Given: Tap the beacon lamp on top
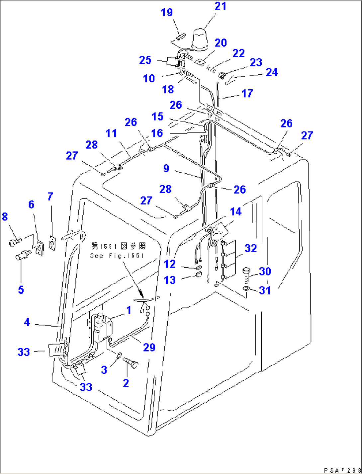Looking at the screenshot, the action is click(200, 40).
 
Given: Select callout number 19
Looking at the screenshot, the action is click(167, 12).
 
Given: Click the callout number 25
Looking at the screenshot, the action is click(145, 60).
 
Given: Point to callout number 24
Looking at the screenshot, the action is click(272, 72).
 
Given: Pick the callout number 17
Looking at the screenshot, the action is click(247, 94).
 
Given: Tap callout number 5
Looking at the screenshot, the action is click(21, 289).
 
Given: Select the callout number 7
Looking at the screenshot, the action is click(50, 197).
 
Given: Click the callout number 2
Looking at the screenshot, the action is click(126, 383).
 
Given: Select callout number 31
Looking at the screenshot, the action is click(265, 290).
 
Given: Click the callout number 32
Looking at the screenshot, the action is click(250, 248).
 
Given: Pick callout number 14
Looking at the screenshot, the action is click(236, 212).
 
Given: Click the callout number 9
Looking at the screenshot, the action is click(166, 168).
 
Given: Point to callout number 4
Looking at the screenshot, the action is click(27, 322).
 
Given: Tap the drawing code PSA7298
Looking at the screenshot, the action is click(342, 470).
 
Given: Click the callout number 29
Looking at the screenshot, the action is click(149, 348).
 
